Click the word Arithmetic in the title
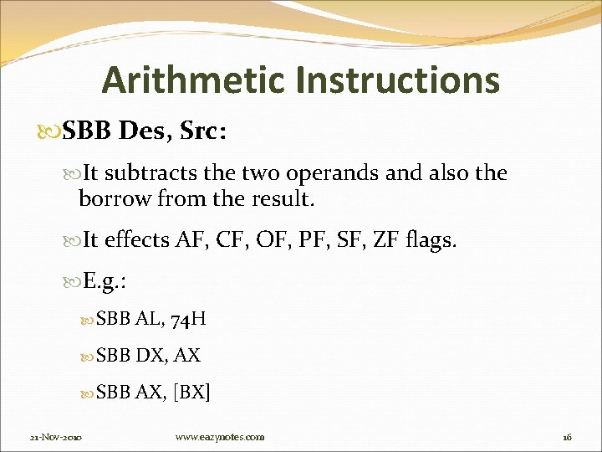(x=194, y=80)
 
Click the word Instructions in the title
(x=397, y=80)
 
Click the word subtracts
(x=150, y=174)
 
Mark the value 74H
(x=190, y=319)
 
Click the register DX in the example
(x=149, y=355)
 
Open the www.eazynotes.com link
(x=220, y=437)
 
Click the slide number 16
(x=566, y=437)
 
